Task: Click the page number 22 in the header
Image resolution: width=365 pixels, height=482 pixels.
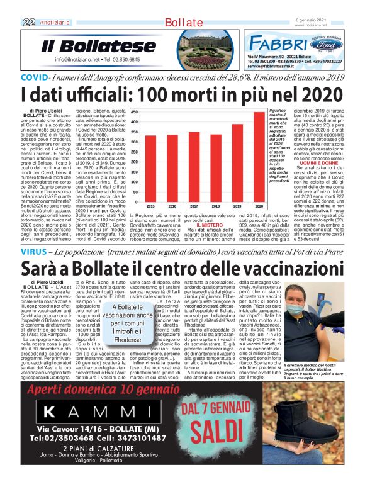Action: point(29,22)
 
